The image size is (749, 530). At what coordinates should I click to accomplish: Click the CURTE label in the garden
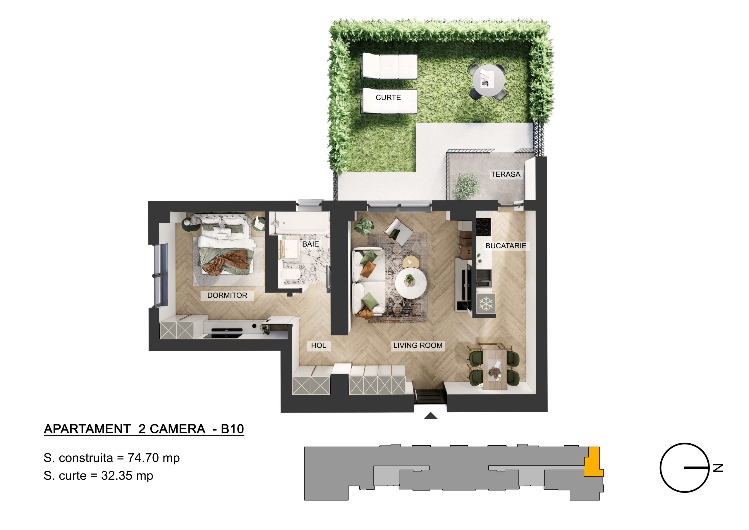[x=388, y=98]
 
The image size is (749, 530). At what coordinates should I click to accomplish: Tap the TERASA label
[x=506, y=175]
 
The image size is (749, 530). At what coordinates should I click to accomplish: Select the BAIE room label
[x=310, y=244]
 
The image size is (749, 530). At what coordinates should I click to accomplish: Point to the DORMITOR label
[x=227, y=295]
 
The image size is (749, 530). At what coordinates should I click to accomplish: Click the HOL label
[x=318, y=345]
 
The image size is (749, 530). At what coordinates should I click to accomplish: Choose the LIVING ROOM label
[x=418, y=345]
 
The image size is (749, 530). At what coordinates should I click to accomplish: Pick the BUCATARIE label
[x=506, y=246]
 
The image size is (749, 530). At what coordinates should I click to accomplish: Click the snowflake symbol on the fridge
[x=486, y=304]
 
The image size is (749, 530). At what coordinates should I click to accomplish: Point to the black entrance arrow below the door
[x=431, y=416]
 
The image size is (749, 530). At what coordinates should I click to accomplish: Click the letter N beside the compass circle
[x=718, y=468]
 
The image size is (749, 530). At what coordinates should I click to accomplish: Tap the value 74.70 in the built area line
[x=143, y=458]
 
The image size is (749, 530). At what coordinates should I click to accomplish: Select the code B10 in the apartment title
[x=232, y=429]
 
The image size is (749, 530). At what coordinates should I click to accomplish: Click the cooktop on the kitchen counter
[x=483, y=227]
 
